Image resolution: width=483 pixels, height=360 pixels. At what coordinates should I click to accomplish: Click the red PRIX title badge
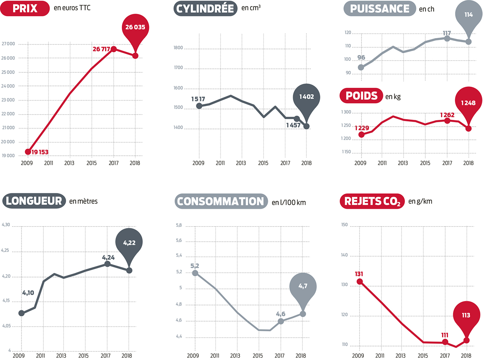(x=25, y=8)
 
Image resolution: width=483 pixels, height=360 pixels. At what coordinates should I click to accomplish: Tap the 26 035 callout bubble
(x=135, y=28)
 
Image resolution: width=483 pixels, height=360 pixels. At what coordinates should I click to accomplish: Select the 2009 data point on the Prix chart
(x=28, y=152)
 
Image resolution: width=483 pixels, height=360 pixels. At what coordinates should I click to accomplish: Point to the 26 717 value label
(x=101, y=49)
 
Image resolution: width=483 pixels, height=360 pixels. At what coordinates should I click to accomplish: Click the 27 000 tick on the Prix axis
(x=8, y=44)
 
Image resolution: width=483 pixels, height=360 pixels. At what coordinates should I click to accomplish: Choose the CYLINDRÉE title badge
(x=205, y=8)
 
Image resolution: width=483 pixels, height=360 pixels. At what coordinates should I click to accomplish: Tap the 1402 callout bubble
(x=306, y=97)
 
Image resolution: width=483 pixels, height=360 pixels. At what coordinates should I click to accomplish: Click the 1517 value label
(x=198, y=99)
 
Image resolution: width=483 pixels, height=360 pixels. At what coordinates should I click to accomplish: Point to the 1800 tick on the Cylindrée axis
(x=178, y=48)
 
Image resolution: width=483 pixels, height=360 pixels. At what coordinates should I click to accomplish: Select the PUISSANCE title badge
(x=380, y=9)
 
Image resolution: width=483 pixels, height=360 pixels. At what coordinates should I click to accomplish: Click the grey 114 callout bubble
(x=469, y=15)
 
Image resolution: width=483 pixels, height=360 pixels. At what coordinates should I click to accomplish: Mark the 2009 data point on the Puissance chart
(x=361, y=67)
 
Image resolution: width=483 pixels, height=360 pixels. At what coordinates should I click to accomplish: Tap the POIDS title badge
(x=361, y=96)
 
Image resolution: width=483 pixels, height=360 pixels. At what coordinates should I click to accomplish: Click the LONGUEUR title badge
(x=34, y=201)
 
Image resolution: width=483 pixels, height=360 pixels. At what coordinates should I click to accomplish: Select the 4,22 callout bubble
(x=129, y=243)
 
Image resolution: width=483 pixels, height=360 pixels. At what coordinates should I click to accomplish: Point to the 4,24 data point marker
(x=108, y=264)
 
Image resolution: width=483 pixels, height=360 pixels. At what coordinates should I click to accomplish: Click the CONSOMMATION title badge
(x=221, y=201)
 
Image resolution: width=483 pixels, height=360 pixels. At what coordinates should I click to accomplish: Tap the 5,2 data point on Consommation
(x=195, y=273)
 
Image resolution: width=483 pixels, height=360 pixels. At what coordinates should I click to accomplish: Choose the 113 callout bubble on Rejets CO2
(x=466, y=315)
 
